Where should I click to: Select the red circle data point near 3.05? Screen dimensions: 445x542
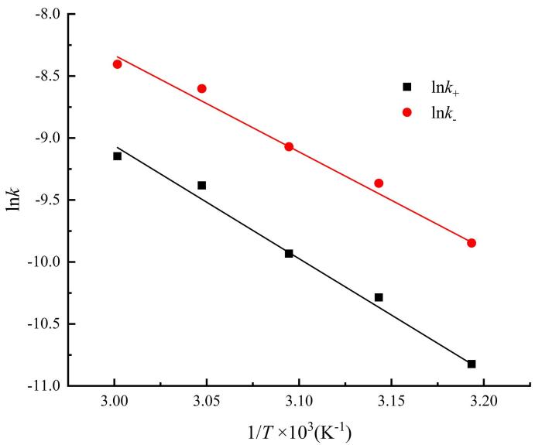(x=202, y=88)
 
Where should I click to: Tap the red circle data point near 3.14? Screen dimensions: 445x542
(x=379, y=183)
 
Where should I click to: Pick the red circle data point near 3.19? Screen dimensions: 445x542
(x=472, y=243)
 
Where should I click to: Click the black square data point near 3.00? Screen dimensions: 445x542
(x=117, y=156)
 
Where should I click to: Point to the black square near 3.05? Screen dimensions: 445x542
(x=202, y=186)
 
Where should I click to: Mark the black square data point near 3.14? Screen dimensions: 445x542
(x=379, y=297)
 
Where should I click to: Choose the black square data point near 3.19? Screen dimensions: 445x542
(x=472, y=364)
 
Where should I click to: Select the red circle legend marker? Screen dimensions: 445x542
(x=407, y=113)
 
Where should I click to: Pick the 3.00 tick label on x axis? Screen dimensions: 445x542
(x=114, y=402)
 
